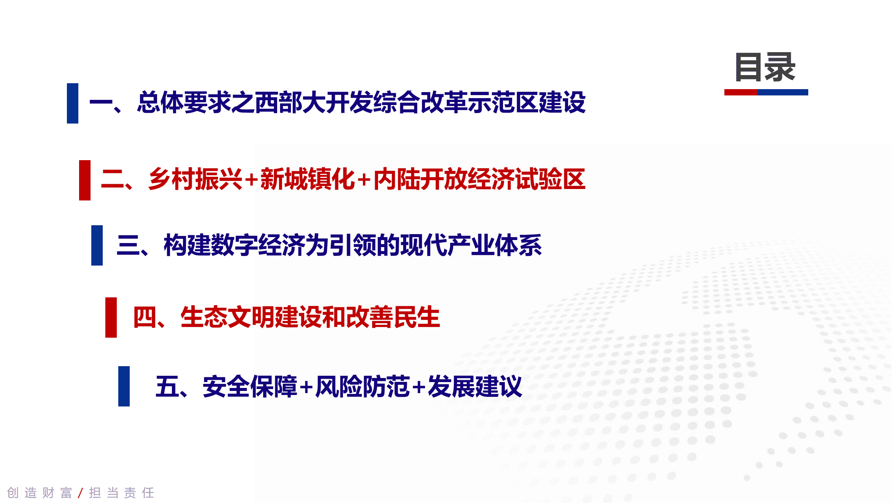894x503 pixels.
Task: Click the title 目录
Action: point(765,67)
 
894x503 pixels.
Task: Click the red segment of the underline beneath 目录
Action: point(741,92)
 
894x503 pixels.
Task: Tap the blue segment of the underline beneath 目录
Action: point(783,92)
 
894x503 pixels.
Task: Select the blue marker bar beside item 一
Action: point(72,103)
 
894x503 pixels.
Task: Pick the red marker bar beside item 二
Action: point(85,180)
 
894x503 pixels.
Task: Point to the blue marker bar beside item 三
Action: point(97,245)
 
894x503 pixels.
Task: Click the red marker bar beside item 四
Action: point(111,317)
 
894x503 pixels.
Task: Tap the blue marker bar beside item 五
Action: point(124,386)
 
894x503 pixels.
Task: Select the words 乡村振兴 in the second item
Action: point(195,179)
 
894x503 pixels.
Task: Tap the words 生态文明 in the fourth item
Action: point(227,317)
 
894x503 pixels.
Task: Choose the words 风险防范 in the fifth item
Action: point(363,387)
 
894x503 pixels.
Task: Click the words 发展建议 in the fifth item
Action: point(475,387)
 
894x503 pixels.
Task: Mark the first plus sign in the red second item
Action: point(251,180)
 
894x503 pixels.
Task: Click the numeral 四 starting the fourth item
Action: point(145,317)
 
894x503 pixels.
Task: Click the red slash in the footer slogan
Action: point(81,493)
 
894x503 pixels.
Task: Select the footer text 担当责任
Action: point(122,493)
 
